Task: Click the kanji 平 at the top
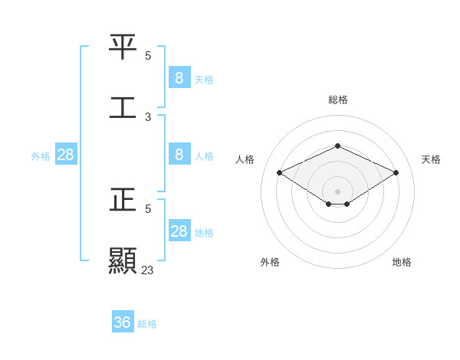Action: click(x=123, y=46)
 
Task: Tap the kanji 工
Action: click(x=123, y=106)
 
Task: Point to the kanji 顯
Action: click(x=123, y=260)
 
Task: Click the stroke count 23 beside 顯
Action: click(x=148, y=270)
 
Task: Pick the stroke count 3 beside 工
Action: click(x=148, y=117)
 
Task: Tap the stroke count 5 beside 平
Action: click(x=148, y=56)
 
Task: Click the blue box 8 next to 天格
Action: click(x=179, y=77)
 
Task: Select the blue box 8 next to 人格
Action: click(x=179, y=155)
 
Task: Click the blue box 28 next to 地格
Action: click(x=179, y=231)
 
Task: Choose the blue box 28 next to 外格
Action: click(x=66, y=155)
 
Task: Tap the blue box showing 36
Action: click(x=123, y=322)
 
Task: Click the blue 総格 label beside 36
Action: click(x=147, y=324)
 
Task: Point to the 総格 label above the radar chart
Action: click(x=337, y=100)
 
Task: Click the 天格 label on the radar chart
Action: click(x=431, y=159)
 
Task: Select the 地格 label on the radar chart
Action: click(x=402, y=262)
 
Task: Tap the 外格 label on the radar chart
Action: click(x=270, y=262)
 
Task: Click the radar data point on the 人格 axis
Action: click(x=280, y=173)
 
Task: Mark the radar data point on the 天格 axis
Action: click(x=396, y=173)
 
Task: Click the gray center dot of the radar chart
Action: click(x=337, y=191)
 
